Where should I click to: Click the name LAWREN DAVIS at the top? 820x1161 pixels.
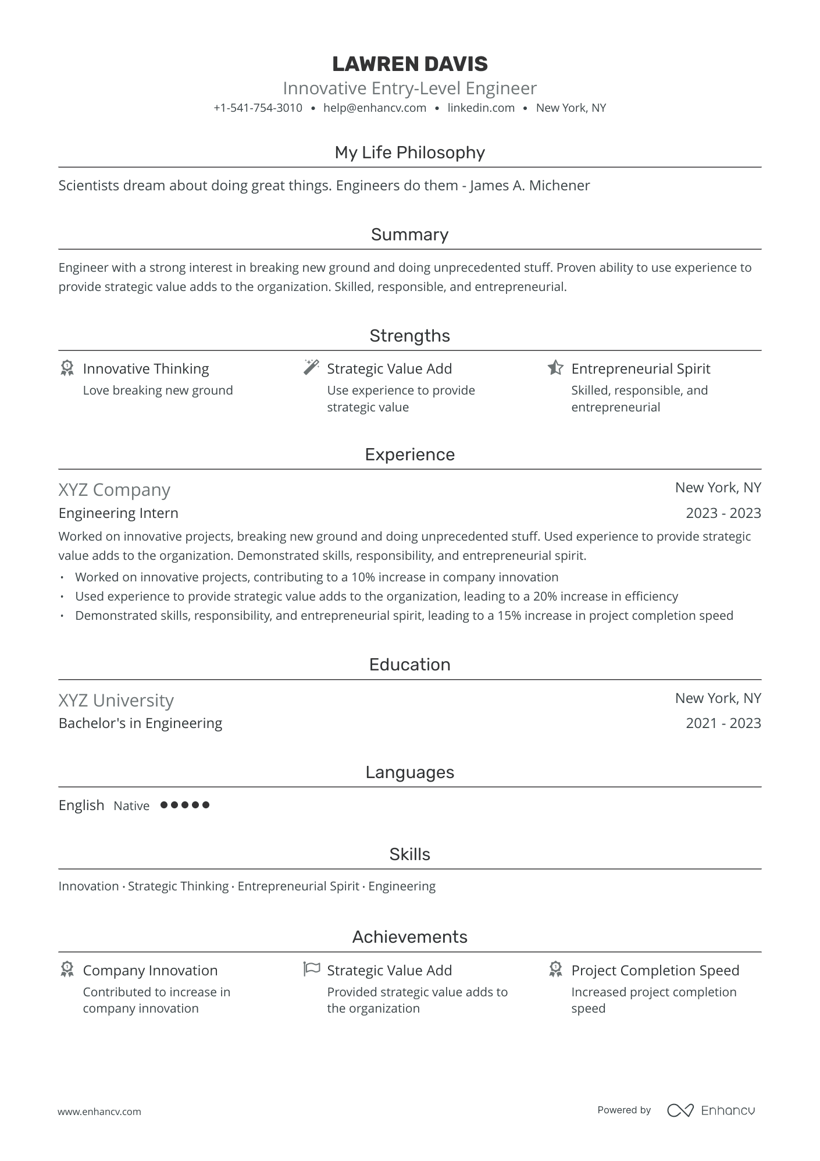click(409, 63)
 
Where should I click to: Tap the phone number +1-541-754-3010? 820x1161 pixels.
click(258, 108)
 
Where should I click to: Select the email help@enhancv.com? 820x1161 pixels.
click(375, 108)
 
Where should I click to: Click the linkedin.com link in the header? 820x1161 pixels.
click(481, 108)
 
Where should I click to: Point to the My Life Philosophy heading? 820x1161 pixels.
click(409, 152)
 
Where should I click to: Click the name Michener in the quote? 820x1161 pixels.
click(559, 186)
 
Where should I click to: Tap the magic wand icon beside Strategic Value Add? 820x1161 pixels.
click(312, 367)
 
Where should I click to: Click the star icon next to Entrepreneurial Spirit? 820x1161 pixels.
click(555, 368)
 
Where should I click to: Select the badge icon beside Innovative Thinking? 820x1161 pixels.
click(67, 368)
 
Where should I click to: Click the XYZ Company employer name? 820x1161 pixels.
click(114, 490)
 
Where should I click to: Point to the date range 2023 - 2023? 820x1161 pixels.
click(723, 513)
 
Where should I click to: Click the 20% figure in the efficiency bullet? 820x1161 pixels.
click(545, 597)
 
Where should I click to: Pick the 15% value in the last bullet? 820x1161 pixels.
click(509, 616)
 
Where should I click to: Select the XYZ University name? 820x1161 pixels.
click(116, 701)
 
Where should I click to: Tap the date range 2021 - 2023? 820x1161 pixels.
click(723, 723)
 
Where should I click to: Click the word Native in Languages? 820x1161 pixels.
click(131, 806)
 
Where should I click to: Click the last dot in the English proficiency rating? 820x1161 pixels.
click(205, 805)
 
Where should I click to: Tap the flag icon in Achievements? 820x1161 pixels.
click(312, 969)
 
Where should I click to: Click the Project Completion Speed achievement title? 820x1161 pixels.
click(655, 971)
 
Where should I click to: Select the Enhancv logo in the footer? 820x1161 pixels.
click(711, 1110)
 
